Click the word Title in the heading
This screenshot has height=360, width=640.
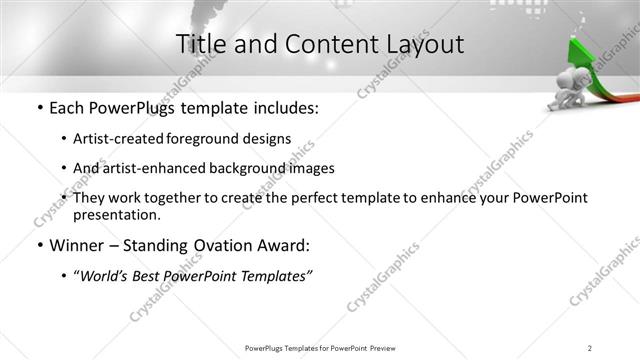coord(201,44)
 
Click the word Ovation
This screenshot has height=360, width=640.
coord(221,245)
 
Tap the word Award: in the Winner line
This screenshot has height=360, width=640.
coord(285,245)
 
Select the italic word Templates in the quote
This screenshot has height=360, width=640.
coord(276,275)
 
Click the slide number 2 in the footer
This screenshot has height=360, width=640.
coord(590,348)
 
